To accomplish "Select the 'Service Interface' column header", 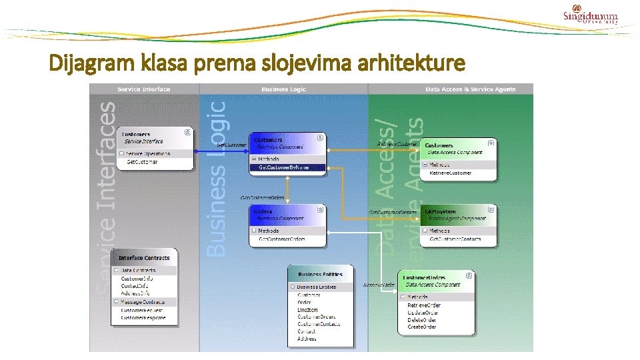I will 144,89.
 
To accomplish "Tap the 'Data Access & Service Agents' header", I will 470,89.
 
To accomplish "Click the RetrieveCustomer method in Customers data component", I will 450,173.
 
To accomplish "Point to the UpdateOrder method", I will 423,313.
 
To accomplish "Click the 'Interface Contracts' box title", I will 144,258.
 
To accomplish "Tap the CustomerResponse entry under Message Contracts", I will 141,318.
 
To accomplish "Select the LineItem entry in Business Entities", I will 307,309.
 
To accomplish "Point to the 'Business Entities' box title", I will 320,274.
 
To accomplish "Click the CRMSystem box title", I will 440,211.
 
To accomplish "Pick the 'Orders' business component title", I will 263,211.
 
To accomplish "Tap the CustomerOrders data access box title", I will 424,277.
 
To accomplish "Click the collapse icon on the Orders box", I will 320,209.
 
